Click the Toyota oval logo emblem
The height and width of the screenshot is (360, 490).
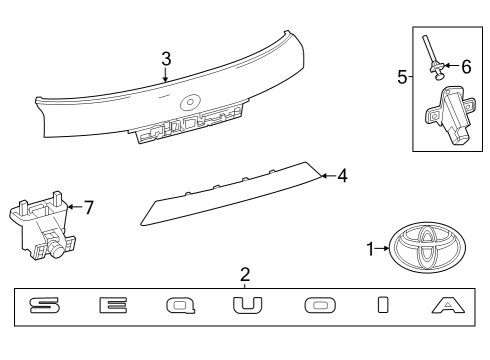coord(427,248)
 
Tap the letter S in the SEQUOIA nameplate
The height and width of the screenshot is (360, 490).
coord(45,305)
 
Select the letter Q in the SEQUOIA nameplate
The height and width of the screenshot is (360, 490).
coord(181,306)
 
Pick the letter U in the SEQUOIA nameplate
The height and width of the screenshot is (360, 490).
coord(247,305)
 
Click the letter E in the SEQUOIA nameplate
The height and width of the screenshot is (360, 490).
coord(113,305)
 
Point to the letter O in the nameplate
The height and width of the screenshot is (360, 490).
coord(320,305)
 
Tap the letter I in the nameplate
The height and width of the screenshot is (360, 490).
coord(383,305)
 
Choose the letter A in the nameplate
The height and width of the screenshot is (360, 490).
coord(448,305)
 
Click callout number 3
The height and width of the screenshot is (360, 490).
coord(166,59)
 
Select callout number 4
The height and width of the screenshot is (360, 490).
coord(342,176)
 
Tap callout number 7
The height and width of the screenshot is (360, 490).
coord(89,207)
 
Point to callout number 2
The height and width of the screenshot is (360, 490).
coord(245,274)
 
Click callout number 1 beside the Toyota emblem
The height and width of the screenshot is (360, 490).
coord(370,249)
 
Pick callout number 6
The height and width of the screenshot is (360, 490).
coord(466,67)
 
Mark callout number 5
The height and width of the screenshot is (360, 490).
coord(402,77)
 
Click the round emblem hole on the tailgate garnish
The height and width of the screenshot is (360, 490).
coord(190,102)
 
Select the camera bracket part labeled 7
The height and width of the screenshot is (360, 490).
coord(42,227)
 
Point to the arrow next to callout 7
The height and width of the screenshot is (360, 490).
coord(75,207)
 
